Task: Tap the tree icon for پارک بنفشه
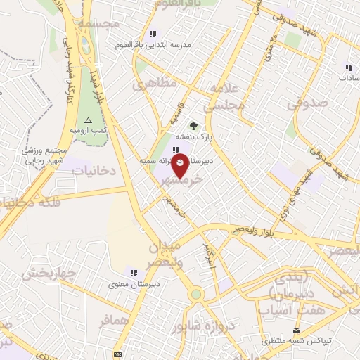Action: click(x=193, y=126)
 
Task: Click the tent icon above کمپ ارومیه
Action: click(x=88, y=121)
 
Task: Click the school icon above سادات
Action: click(x=348, y=68)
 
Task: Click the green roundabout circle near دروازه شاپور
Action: click(x=195, y=294)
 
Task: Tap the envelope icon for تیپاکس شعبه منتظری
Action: click(x=296, y=330)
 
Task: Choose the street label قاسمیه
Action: click(x=174, y=112)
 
